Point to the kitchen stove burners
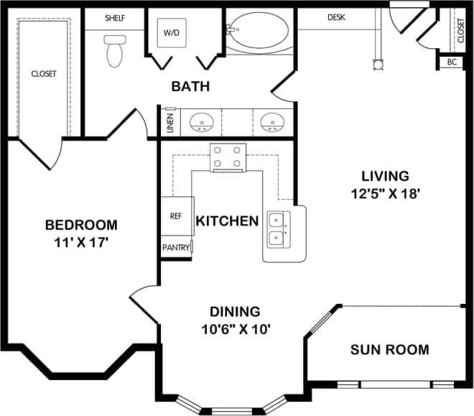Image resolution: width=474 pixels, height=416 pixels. pos(228,158)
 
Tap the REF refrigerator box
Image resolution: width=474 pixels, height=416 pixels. pos(176,216)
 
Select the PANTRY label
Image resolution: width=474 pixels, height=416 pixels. pos(176,248)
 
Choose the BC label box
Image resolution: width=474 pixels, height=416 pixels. pos(452,63)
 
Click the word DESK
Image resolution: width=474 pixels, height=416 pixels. pos(338,17)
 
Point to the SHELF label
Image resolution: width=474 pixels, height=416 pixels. pos(115,17)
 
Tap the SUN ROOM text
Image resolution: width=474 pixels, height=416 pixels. pos(389,350)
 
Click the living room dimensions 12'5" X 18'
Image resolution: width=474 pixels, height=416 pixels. pos(385,193)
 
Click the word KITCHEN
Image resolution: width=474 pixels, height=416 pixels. pos(227,221)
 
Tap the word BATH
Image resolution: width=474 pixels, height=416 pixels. pos(190,87)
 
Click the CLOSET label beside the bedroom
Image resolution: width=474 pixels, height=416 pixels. pos(43,73)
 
